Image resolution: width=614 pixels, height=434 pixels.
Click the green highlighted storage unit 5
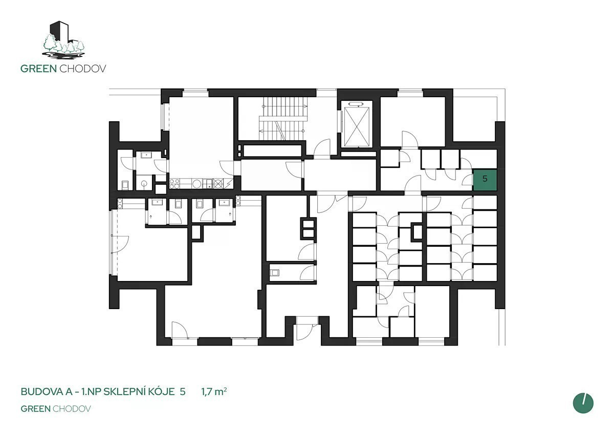tap(485, 180)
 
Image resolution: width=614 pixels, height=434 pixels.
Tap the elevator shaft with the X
tap(357, 127)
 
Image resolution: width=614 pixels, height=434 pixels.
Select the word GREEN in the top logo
tap(39, 69)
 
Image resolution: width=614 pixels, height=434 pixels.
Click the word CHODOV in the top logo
tap(83, 69)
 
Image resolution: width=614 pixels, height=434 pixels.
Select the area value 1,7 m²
tap(214, 392)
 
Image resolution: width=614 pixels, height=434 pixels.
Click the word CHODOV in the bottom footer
tap(72, 409)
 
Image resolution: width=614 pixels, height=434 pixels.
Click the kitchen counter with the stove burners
tap(201, 183)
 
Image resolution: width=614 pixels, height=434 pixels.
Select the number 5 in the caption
tap(183, 392)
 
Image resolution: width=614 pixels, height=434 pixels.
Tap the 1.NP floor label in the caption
tap(92, 392)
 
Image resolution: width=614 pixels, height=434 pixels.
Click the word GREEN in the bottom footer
tap(36, 409)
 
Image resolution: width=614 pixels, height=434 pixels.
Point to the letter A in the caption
tap(69, 392)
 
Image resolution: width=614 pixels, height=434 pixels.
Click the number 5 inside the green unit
tap(485, 179)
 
